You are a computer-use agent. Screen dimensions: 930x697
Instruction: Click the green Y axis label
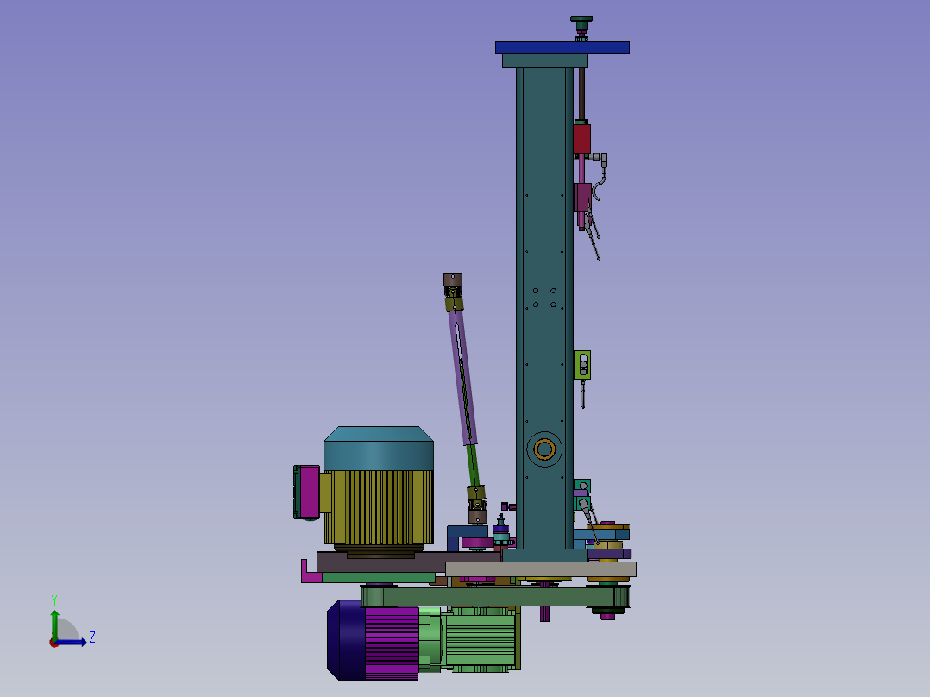point(54,600)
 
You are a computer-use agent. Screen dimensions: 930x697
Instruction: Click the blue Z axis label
point(92,637)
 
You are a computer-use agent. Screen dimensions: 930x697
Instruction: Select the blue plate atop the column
point(562,48)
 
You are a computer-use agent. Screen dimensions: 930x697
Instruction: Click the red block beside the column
point(581,138)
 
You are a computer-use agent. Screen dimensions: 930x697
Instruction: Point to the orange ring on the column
point(544,449)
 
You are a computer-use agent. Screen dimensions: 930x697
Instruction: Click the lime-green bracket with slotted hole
point(582,365)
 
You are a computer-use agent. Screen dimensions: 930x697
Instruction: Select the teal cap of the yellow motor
point(379,449)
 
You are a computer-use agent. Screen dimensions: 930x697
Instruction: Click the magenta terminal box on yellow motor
point(309,492)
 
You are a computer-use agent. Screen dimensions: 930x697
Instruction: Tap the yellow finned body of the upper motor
point(379,507)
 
